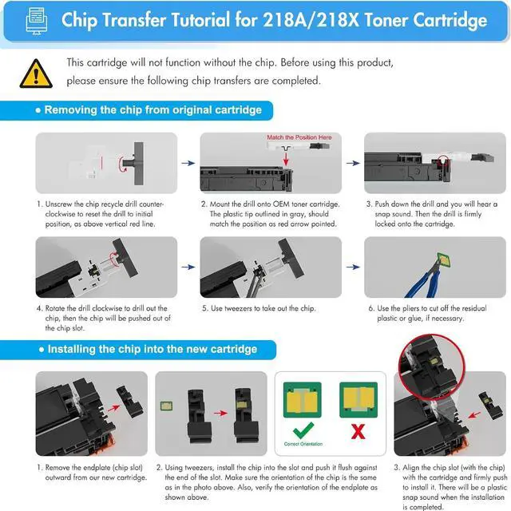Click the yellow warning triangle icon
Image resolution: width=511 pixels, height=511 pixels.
36,73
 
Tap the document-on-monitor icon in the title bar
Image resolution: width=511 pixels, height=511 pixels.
36,21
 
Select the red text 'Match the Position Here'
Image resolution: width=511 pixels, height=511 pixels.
299,137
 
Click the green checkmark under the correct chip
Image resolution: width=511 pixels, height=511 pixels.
303,430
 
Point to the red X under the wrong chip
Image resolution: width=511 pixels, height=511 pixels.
358,431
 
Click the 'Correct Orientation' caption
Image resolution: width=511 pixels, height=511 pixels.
303,444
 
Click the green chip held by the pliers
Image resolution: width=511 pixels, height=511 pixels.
444,259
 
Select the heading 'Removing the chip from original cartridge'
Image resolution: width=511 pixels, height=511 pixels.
153,110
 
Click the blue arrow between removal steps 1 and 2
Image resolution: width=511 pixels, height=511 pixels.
188,163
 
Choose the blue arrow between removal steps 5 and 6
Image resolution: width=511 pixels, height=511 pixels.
353,267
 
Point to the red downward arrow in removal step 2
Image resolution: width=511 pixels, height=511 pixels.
286,158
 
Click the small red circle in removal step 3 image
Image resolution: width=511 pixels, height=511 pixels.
443,160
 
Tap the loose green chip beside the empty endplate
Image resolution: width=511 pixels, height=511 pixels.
166,406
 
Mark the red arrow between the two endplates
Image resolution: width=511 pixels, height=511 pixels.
220,414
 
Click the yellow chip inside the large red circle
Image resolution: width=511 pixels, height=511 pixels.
434,361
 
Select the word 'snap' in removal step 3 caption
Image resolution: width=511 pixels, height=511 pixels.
382,214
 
